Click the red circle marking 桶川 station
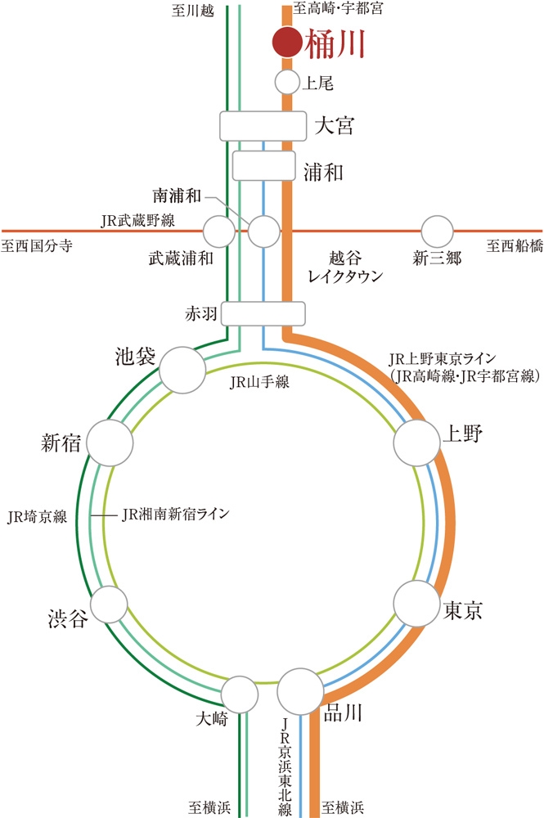coord(286,43)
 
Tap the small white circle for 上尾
coord(287,82)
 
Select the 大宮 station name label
coord(335,127)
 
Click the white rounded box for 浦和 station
coord(263,165)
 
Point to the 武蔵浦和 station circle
coord(219,231)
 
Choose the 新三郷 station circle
coord(437,231)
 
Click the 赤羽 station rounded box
coord(263,313)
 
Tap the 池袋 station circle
coord(182,370)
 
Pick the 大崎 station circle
coord(241,694)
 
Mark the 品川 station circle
coord(300,691)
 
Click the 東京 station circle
coord(416,604)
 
